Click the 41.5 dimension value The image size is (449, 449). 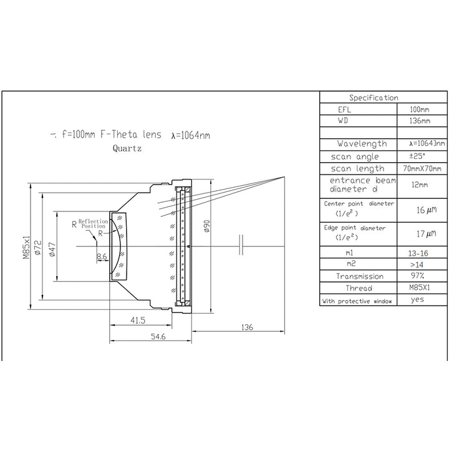point(138,320)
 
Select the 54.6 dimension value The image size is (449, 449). point(158,337)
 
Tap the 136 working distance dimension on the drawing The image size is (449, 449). point(247,327)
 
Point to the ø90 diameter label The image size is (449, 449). point(206,226)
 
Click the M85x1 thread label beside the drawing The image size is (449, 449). point(26,248)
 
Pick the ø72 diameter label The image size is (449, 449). point(38,248)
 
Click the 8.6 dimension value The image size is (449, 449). point(102,256)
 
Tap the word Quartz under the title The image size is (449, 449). point(127,148)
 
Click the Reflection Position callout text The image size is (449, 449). point(94,224)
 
